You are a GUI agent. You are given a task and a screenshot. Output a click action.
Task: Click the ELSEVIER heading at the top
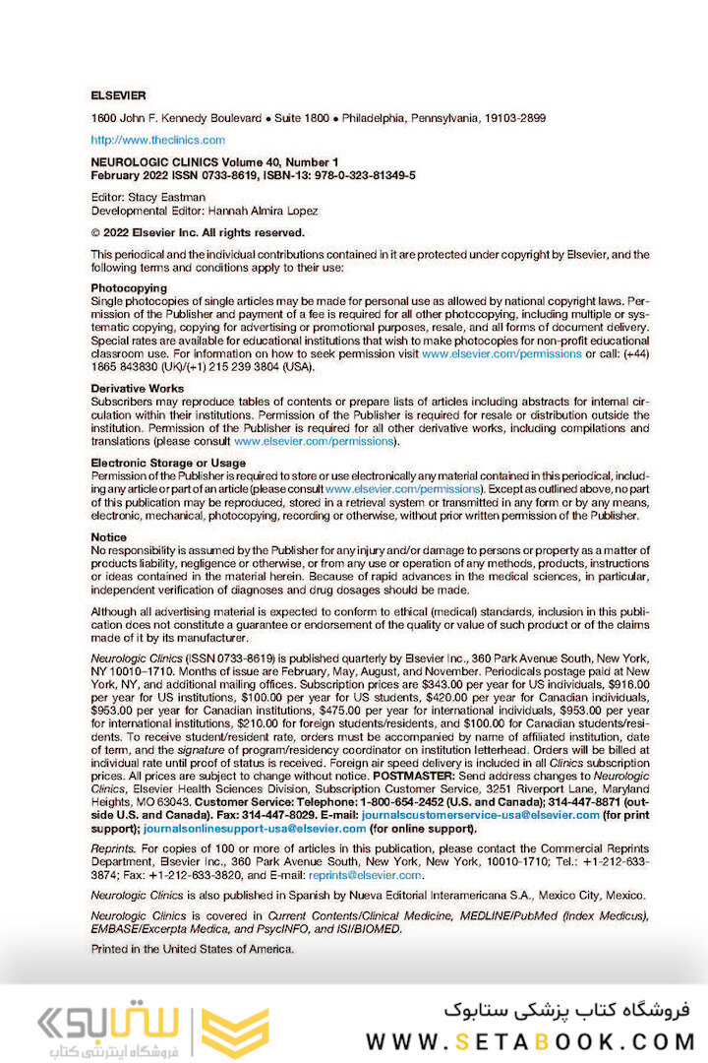tap(118, 95)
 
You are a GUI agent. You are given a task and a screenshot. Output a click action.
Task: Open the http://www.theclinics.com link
tap(157, 140)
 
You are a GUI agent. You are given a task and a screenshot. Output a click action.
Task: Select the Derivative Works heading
tap(137, 389)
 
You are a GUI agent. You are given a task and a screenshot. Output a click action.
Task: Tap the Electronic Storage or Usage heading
tap(168, 463)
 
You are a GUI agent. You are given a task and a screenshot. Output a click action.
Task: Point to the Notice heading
tap(108, 536)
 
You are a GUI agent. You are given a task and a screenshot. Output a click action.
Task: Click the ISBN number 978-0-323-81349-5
tap(352, 174)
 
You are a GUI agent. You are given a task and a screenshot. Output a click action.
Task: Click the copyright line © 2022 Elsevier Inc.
tap(198, 233)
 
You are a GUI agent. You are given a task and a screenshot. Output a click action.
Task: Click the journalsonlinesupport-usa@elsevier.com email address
tap(255, 829)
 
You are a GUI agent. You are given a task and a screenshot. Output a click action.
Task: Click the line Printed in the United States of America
tap(192, 949)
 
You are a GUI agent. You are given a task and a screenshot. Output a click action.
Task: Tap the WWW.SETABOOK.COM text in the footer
tap(530, 1040)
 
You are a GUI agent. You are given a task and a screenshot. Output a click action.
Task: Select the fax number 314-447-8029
tap(270, 816)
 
